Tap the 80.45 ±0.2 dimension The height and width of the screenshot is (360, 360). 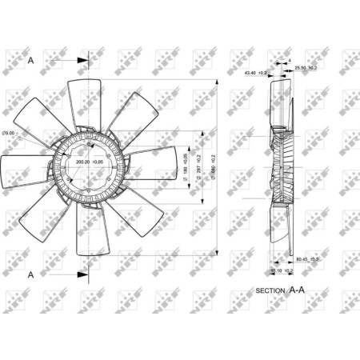(308, 259)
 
